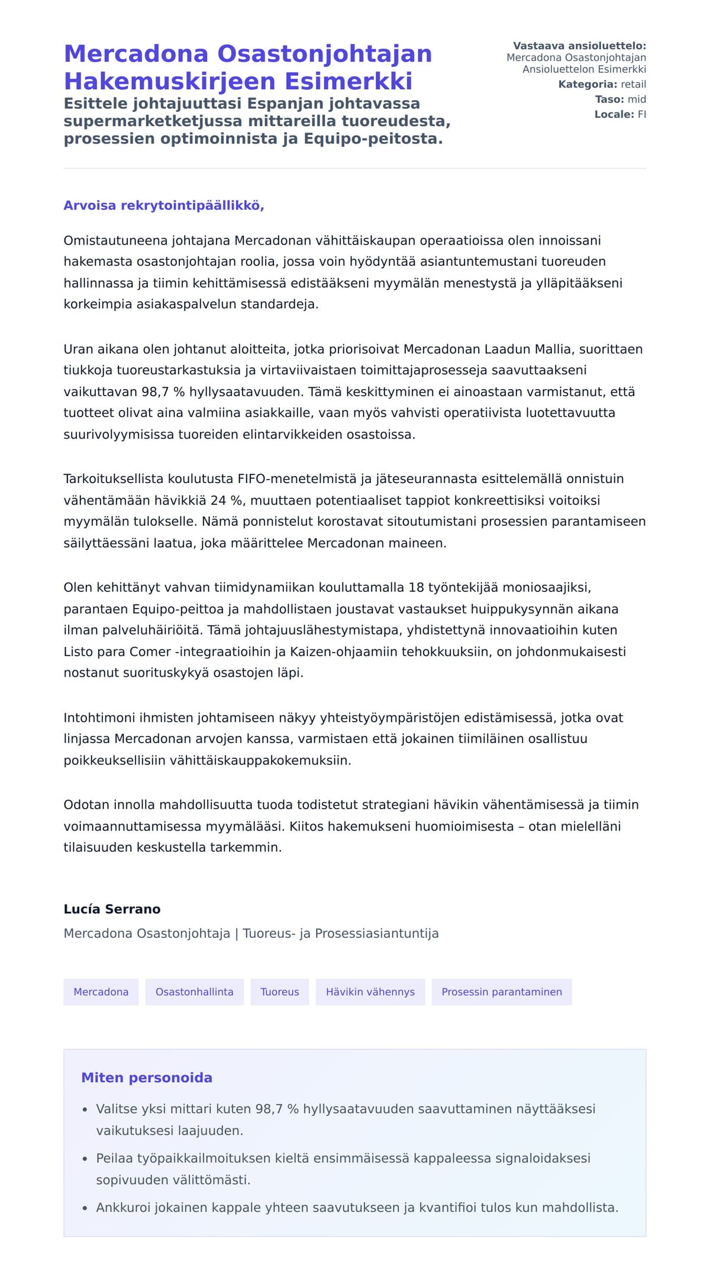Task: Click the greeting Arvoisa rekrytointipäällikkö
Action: click(164, 205)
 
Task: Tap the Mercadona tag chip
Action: click(101, 992)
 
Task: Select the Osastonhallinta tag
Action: click(194, 992)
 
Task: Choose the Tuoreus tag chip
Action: click(279, 992)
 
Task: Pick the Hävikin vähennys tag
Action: click(370, 992)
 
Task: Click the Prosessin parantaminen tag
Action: click(501, 992)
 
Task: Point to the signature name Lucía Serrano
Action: click(112, 909)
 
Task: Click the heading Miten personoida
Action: click(146, 1077)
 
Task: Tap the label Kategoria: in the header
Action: click(588, 84)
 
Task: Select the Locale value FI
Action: click(641, 114)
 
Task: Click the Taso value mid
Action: click(637, 99)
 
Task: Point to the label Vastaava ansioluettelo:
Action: click(579, 46)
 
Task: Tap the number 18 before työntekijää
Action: click(416, 587)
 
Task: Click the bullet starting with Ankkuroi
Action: click(357, 1207)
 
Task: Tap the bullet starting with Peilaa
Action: click(343, 1168)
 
